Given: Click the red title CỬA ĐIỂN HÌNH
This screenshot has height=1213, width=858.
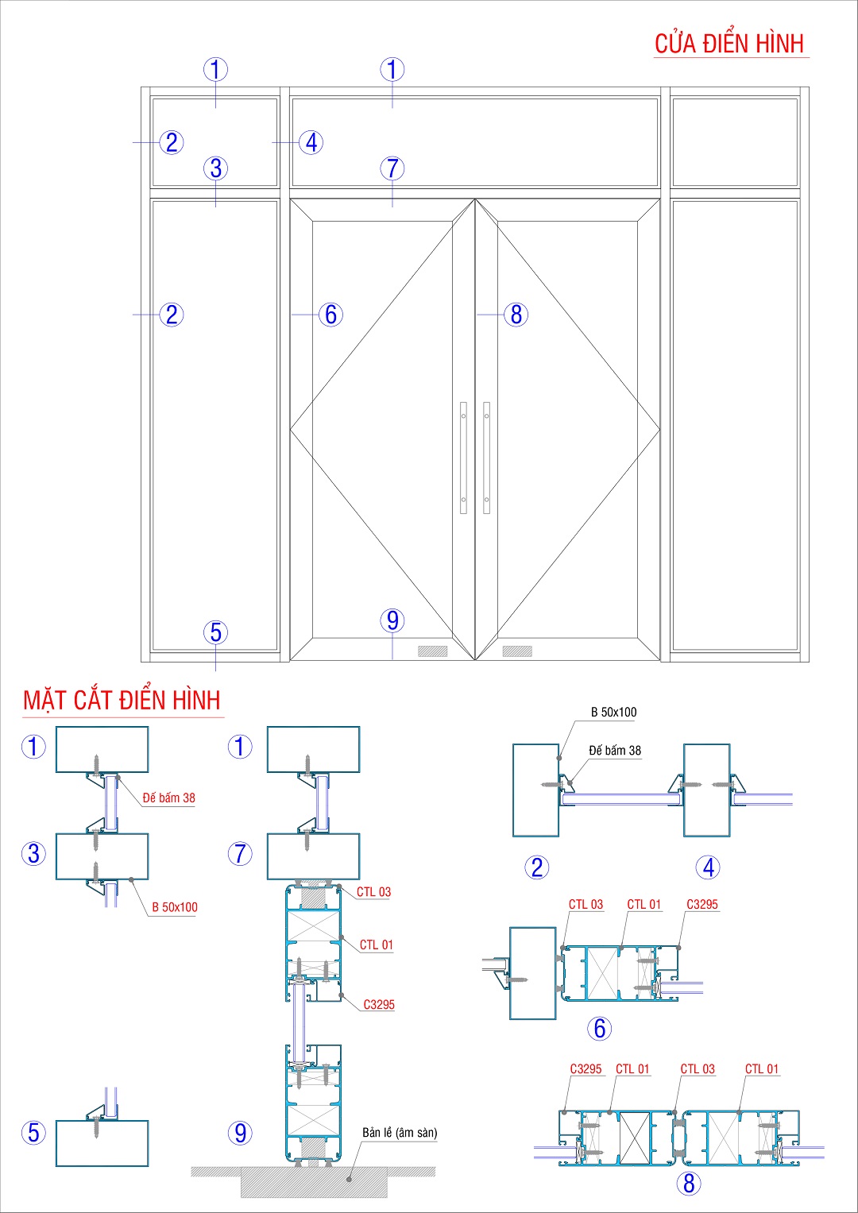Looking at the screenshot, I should point(729,44).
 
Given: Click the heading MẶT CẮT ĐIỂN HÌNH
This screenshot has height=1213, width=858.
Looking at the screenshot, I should point(122,701).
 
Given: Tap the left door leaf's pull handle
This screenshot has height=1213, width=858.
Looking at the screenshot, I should point(464,458).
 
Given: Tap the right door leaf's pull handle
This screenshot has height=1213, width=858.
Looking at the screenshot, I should point(486,458).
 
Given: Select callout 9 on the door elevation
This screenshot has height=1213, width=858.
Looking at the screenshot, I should point(392,620).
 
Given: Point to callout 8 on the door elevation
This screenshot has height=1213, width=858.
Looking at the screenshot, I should point(516,315).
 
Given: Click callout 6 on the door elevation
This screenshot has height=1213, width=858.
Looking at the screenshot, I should point(330,315).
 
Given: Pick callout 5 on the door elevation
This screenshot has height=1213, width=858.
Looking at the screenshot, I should point(215,633).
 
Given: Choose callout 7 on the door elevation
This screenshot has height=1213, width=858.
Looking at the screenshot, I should point(392,168).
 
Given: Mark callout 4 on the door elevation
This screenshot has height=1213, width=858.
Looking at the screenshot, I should point(311,143).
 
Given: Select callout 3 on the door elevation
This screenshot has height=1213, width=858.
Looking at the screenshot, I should point(215,168).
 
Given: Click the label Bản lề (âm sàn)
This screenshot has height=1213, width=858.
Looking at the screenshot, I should point(400,1133).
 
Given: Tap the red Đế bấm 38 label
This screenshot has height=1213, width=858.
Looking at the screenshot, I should point(168,798).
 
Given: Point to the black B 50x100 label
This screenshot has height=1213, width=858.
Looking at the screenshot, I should point(613,713).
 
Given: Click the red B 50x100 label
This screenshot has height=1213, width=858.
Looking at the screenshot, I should point(175,907).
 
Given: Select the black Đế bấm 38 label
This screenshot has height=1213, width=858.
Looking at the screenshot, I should point(615,751).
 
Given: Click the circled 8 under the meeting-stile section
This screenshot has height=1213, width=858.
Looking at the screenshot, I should point(689,1184).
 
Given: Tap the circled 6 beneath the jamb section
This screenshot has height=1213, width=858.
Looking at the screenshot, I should point(600,1029).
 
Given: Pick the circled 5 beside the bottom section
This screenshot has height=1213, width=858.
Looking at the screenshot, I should point(33,1133).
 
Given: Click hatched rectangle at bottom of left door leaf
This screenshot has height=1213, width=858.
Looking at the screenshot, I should point(433,651).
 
